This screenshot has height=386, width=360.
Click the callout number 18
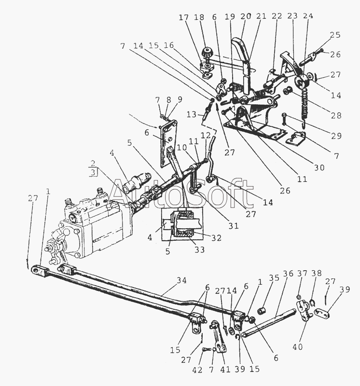199,17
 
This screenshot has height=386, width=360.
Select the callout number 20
246,16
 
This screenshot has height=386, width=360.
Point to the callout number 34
181,280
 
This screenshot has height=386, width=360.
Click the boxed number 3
93,172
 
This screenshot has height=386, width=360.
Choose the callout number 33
199,249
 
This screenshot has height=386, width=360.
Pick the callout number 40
297,347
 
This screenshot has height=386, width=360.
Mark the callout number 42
197,370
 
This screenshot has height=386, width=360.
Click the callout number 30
319,167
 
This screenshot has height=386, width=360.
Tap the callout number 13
191,114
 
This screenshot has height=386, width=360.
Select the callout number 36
288,273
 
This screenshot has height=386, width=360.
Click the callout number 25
335,35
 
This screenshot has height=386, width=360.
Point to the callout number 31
234,225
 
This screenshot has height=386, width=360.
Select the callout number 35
274,277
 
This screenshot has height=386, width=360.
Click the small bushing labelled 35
261,311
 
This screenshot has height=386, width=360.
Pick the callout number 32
216,238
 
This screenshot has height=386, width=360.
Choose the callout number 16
169,45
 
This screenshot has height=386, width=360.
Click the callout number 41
225,369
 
